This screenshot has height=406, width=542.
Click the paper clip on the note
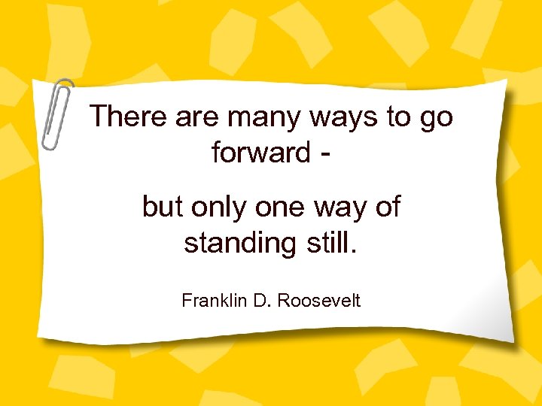pyautogui.click(x=56, y=112)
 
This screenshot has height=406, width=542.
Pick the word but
pyautogui.click(x=161, y=207)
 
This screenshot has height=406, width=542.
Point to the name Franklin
pyautogui.click(x=210, y=301)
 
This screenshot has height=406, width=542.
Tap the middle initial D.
pyautogui.click(x=260, y=301)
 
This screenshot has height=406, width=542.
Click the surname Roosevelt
pyautogui.click(x=319, y=301)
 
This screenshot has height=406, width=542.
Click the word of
pyautogui.click(x=386, y=207)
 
